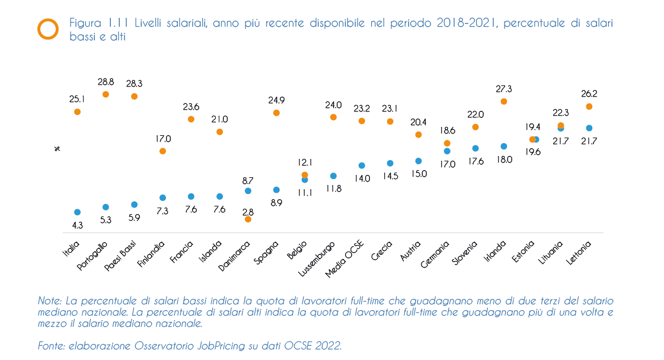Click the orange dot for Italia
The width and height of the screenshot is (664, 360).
coord(77,111)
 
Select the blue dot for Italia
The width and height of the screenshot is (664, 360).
coord(77,212)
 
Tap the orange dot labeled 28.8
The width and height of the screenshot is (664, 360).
coord(106,94)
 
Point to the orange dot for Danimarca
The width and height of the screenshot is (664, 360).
coord(248,219)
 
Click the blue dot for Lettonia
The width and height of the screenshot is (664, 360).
coord(589,128)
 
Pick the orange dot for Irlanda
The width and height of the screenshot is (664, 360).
coord(504,101)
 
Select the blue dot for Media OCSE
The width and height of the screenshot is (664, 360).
coord(362,165)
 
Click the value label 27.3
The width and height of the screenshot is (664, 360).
coord(503,89)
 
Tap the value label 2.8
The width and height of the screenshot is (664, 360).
coord(248,212)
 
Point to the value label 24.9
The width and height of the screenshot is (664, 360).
coord(276,99)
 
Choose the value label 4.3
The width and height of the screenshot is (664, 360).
coord(77,225)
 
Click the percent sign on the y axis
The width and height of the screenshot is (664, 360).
coord(57,148)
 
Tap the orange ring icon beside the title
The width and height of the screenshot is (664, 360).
coord(48,28)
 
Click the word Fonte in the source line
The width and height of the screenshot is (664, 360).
coord(50,346)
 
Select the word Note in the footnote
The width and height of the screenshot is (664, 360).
coord(49,300)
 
